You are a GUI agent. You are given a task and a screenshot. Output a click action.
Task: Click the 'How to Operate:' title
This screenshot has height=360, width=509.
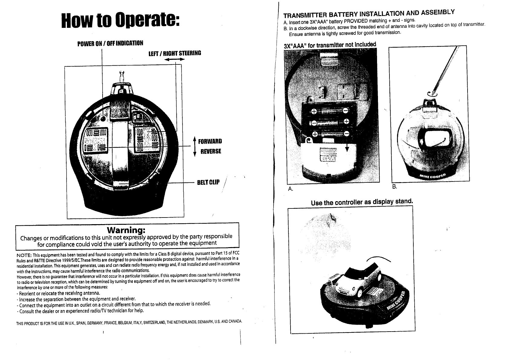click(x=120, y=21)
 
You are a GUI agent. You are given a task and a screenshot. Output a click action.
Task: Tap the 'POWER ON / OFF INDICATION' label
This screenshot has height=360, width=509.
click(x=110, y=43)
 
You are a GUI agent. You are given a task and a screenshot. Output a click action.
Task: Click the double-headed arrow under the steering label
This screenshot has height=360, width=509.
click(x=175, y=61)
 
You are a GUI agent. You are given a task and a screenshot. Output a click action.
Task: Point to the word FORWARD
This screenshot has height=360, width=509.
click(x=210, y=141)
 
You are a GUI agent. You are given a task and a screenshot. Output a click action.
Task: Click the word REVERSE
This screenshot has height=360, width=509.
click(x=211, y=151)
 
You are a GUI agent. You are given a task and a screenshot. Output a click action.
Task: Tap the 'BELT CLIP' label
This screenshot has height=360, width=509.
click(x=208, y=182)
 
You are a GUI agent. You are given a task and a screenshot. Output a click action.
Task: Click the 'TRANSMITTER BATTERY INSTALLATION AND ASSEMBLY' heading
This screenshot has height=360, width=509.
click(x=369, y=14)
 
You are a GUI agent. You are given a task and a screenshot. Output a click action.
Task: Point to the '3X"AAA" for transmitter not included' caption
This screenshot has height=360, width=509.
click(x=330, y=45)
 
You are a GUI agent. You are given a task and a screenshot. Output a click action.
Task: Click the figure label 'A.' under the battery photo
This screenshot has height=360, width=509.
click(x=291, y=189)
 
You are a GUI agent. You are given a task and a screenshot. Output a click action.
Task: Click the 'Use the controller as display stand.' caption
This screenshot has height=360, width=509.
click(x=362, y=202)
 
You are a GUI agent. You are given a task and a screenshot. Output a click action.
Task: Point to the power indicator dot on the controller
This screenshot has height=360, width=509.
click(x=103, y=119)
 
